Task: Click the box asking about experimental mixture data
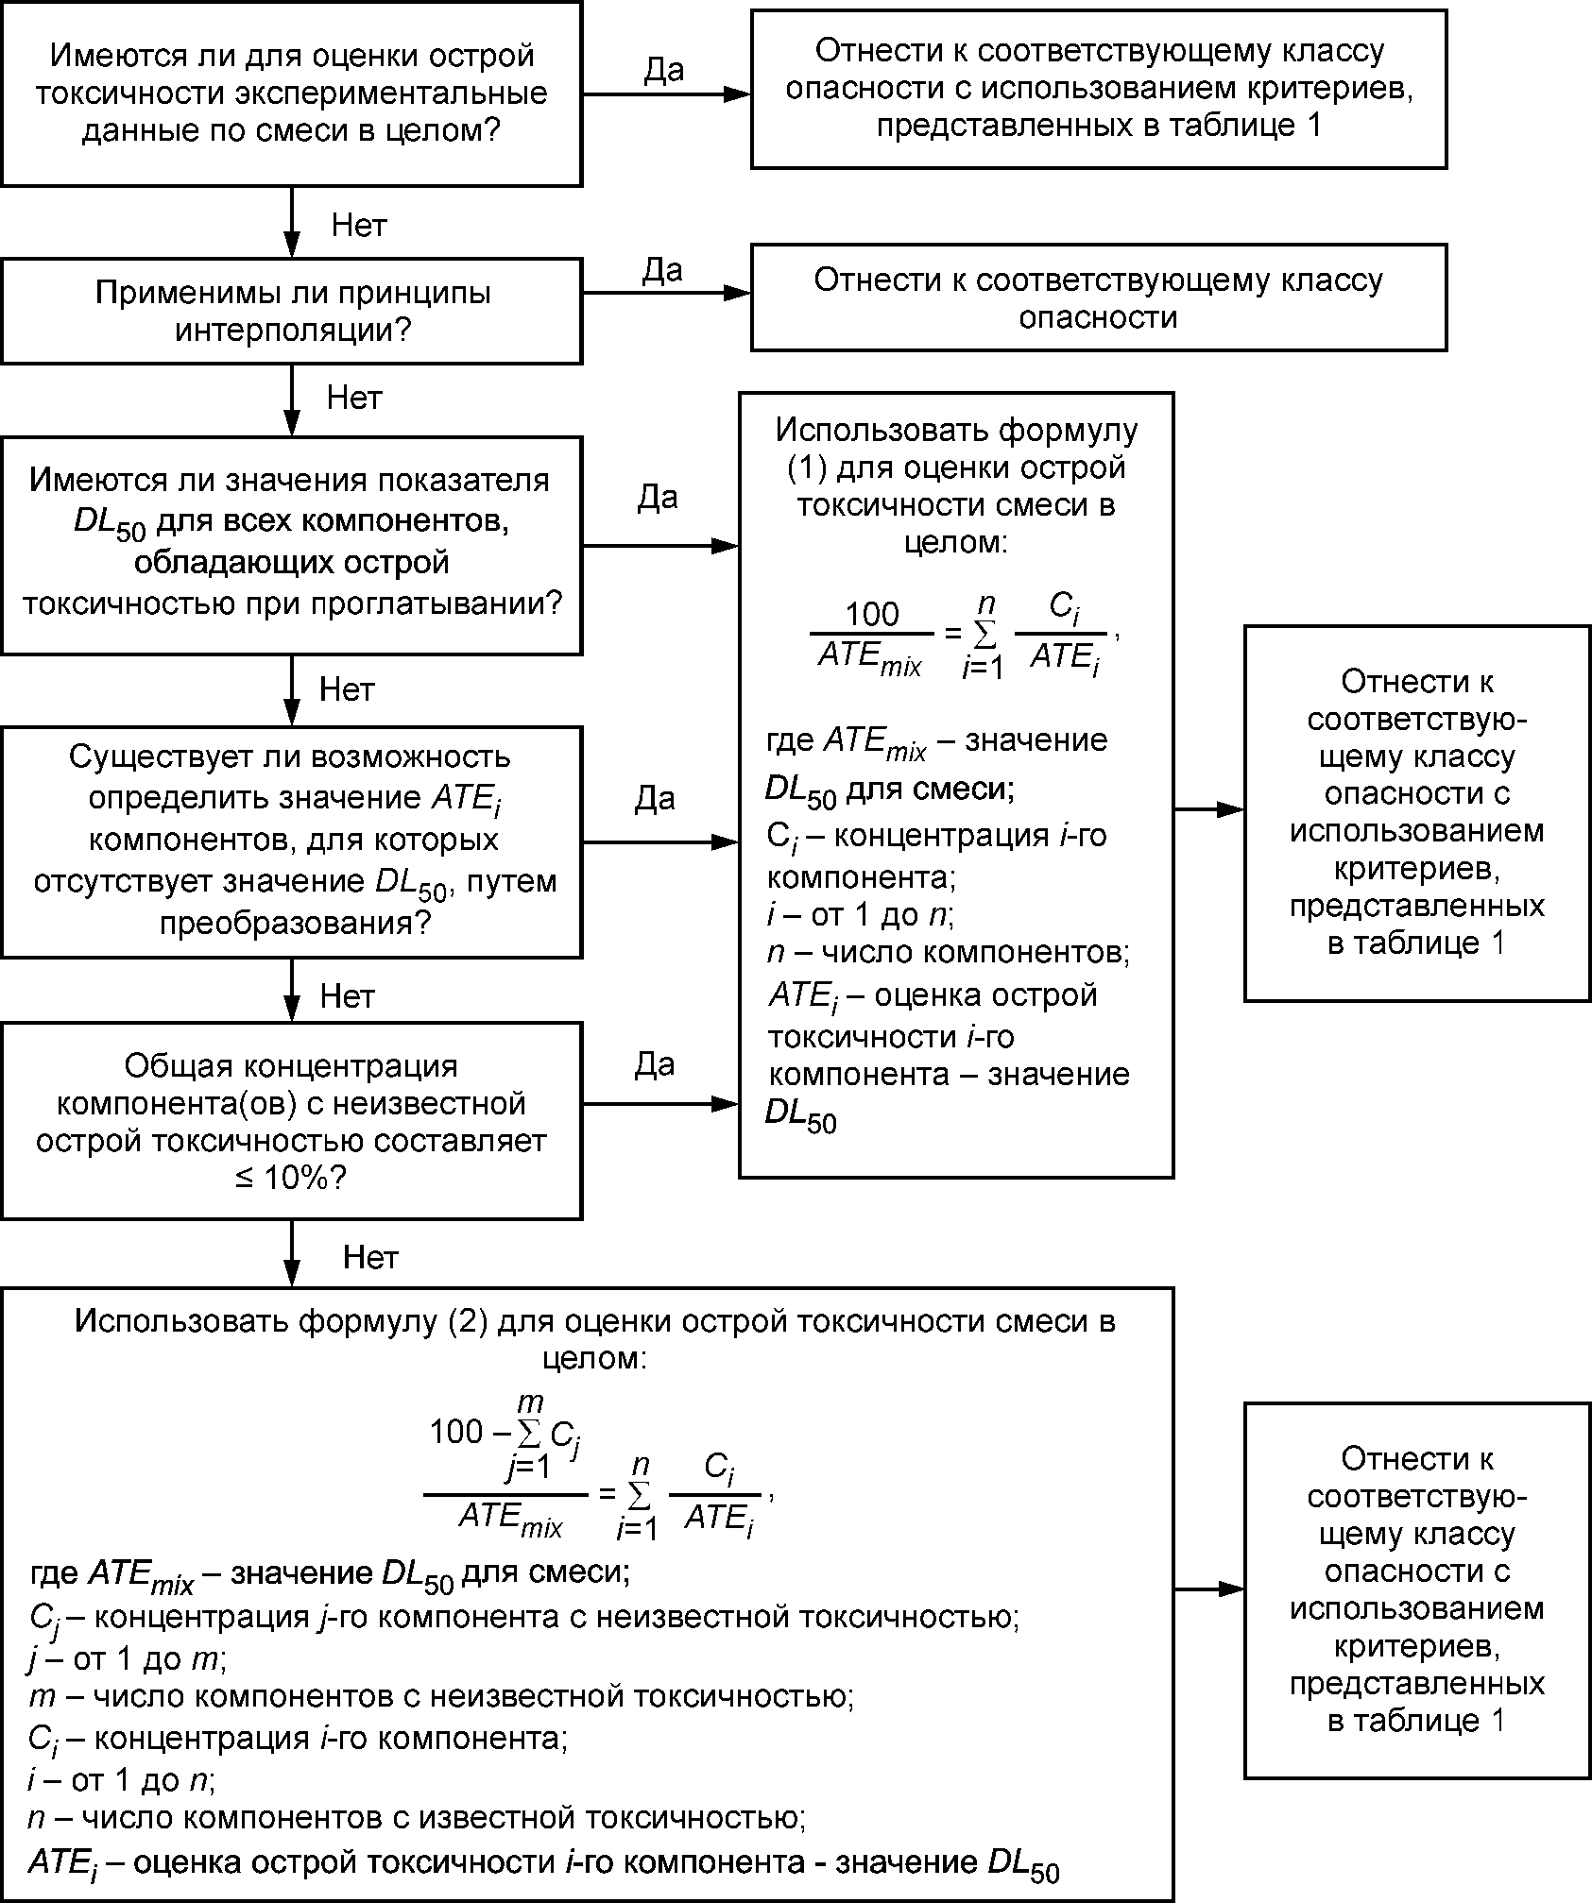[291, 93]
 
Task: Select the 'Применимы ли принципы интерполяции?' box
[291, 312]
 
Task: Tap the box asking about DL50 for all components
[291, 545]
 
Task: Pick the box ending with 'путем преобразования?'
[291, 841]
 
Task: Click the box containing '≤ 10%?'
[291, 1121]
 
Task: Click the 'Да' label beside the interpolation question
[662, 270]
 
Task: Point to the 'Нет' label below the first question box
[359, 225]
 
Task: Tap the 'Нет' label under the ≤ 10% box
[370, 1257]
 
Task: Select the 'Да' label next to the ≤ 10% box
[654, 1064]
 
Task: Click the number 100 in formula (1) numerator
[871, 615]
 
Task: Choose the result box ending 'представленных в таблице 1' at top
[1099, 89]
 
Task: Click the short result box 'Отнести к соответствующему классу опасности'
[1099, 297]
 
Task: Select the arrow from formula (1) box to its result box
[1208, 809]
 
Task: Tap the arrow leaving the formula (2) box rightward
[1208, 1589]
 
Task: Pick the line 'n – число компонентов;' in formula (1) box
[948, 952]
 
